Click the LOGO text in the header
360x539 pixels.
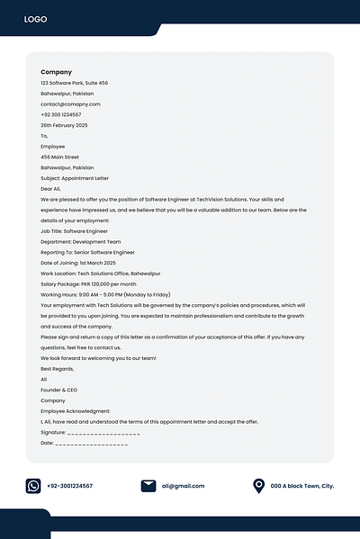(x=36, y=19)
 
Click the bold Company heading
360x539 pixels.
(x=56, y=72)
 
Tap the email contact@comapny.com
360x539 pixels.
(x=70, y=104)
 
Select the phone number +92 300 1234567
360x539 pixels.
(x=60, y=115)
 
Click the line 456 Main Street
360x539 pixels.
(x=60, y=157)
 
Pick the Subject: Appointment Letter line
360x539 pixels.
(x=75, y=178)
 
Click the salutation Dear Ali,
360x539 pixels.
(x=52, y=189)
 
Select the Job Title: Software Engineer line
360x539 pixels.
(x=74, y=231)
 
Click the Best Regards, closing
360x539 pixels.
(x=58, y=369)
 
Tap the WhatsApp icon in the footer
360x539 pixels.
(x=33, y=486)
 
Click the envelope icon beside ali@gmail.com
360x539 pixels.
(x=148, y=486)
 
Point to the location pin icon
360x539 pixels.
(x=259, y=486)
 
